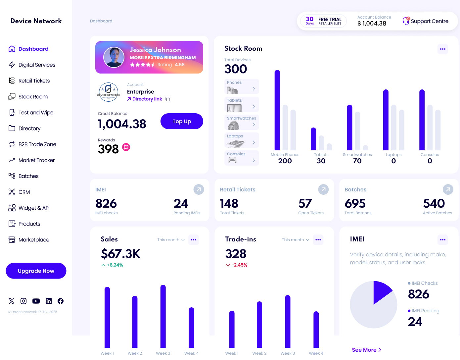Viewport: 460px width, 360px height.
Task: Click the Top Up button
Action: point(182,121)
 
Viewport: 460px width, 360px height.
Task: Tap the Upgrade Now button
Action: point(36,271)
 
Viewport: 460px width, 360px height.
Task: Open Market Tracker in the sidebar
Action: point(36,160)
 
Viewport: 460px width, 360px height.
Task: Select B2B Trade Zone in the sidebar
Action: point(37,144)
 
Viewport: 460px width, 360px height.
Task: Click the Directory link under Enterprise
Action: point(147,99)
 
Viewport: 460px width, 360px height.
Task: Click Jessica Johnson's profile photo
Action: point(114,57)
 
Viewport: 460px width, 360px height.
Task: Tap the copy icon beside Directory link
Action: point(168,99)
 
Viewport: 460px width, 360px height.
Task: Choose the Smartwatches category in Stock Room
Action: point(242,122)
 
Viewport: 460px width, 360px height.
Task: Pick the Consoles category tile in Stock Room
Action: point(242,158)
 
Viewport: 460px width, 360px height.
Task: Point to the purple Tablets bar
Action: point(313,139)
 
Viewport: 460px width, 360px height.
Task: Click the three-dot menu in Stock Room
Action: point(443,49)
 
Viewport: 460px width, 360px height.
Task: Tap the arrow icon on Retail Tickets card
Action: point(323,189)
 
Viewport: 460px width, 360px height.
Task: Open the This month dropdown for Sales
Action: point(171,240)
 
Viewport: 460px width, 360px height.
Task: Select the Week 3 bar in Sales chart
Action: point(163,316)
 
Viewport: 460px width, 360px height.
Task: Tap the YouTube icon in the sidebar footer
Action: point(36,301)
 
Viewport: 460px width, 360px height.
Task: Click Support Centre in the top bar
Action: point(426,21)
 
